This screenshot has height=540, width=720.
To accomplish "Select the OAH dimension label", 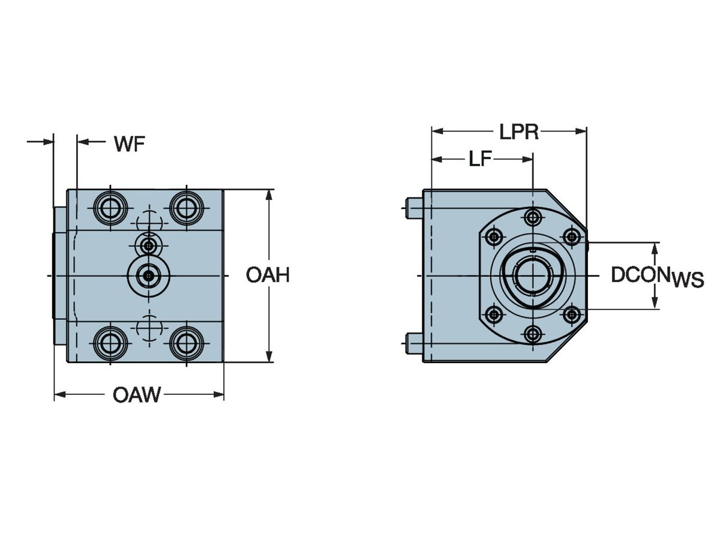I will [268, 275].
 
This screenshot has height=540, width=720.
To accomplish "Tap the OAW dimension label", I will [137, 395].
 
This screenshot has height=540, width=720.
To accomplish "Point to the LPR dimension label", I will [519, 132].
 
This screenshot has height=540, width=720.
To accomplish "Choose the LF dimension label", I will [481, 159].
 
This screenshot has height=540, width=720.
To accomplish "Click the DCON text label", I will [640, 275].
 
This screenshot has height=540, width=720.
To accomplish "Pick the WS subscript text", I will [688, 280].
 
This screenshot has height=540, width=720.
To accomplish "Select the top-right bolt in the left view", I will [186, 208].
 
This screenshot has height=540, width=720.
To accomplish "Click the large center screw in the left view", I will [148, 275].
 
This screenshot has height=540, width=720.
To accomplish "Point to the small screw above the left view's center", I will [148, 245].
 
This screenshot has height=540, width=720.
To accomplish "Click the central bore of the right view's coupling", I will [532, 276].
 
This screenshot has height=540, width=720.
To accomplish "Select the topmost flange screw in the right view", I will [532, 216].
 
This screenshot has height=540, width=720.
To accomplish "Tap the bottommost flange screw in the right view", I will [532, 334].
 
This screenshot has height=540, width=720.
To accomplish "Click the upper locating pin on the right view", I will [414, 208].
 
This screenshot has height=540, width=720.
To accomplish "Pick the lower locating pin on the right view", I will [414, 343].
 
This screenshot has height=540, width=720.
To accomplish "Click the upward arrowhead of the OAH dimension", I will [269, 194].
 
